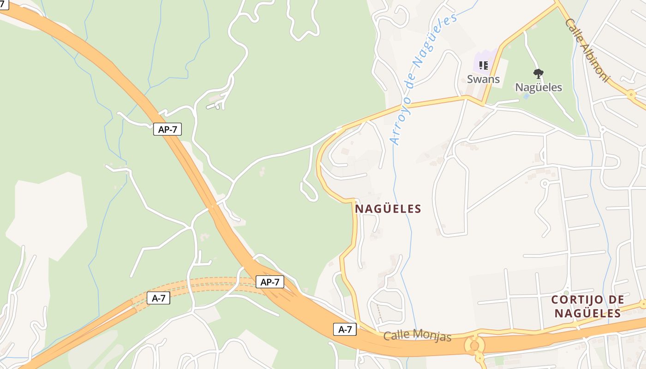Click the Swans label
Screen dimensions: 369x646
pyautogui.click(x=483, y=79)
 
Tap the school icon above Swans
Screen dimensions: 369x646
pyautogui.click(x=483, y=65)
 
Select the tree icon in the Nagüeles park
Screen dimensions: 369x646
pyautogui.click(x=538, y=73)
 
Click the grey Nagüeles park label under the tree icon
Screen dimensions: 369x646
pyautogui.click(x=538, y=87)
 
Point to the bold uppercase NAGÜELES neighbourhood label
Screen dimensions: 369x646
pyautogui.click(x=388, y=209)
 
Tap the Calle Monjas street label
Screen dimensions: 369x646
pyautogui.click(x=417, y=335)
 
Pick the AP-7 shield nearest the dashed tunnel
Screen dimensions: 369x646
pyautogui.click(x=270, y=282)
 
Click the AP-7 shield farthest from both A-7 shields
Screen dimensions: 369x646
pyautogui.click(x=167, y=130)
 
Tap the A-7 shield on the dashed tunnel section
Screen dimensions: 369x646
pyautogui.click(x=158, y=298)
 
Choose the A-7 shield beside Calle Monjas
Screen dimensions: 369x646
pyautogui.click(x=345, y=329)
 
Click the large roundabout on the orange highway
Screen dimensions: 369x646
pyautogui.click(x=474, y=345)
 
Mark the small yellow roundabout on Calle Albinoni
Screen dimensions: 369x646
pyautogui.click(x=631, y=94)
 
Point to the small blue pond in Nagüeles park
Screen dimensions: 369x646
pyautogui.click(x=526, y=96)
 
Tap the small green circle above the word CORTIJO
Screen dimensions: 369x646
pyautogui.click(x=566, y=292)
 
